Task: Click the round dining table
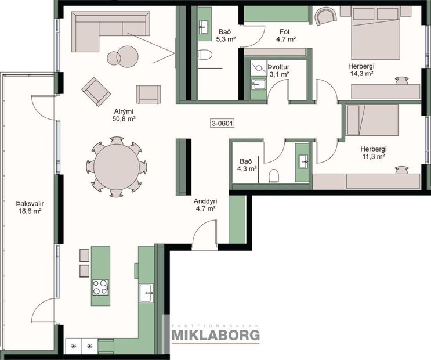tap(117, 164)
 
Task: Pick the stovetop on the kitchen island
tap(100, 286)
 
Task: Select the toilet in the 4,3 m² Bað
tap(275, 175)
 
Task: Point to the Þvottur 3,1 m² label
tap(278, 70)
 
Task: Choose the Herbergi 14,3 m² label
tap(363, 70)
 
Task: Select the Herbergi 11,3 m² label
tap(373, 152)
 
